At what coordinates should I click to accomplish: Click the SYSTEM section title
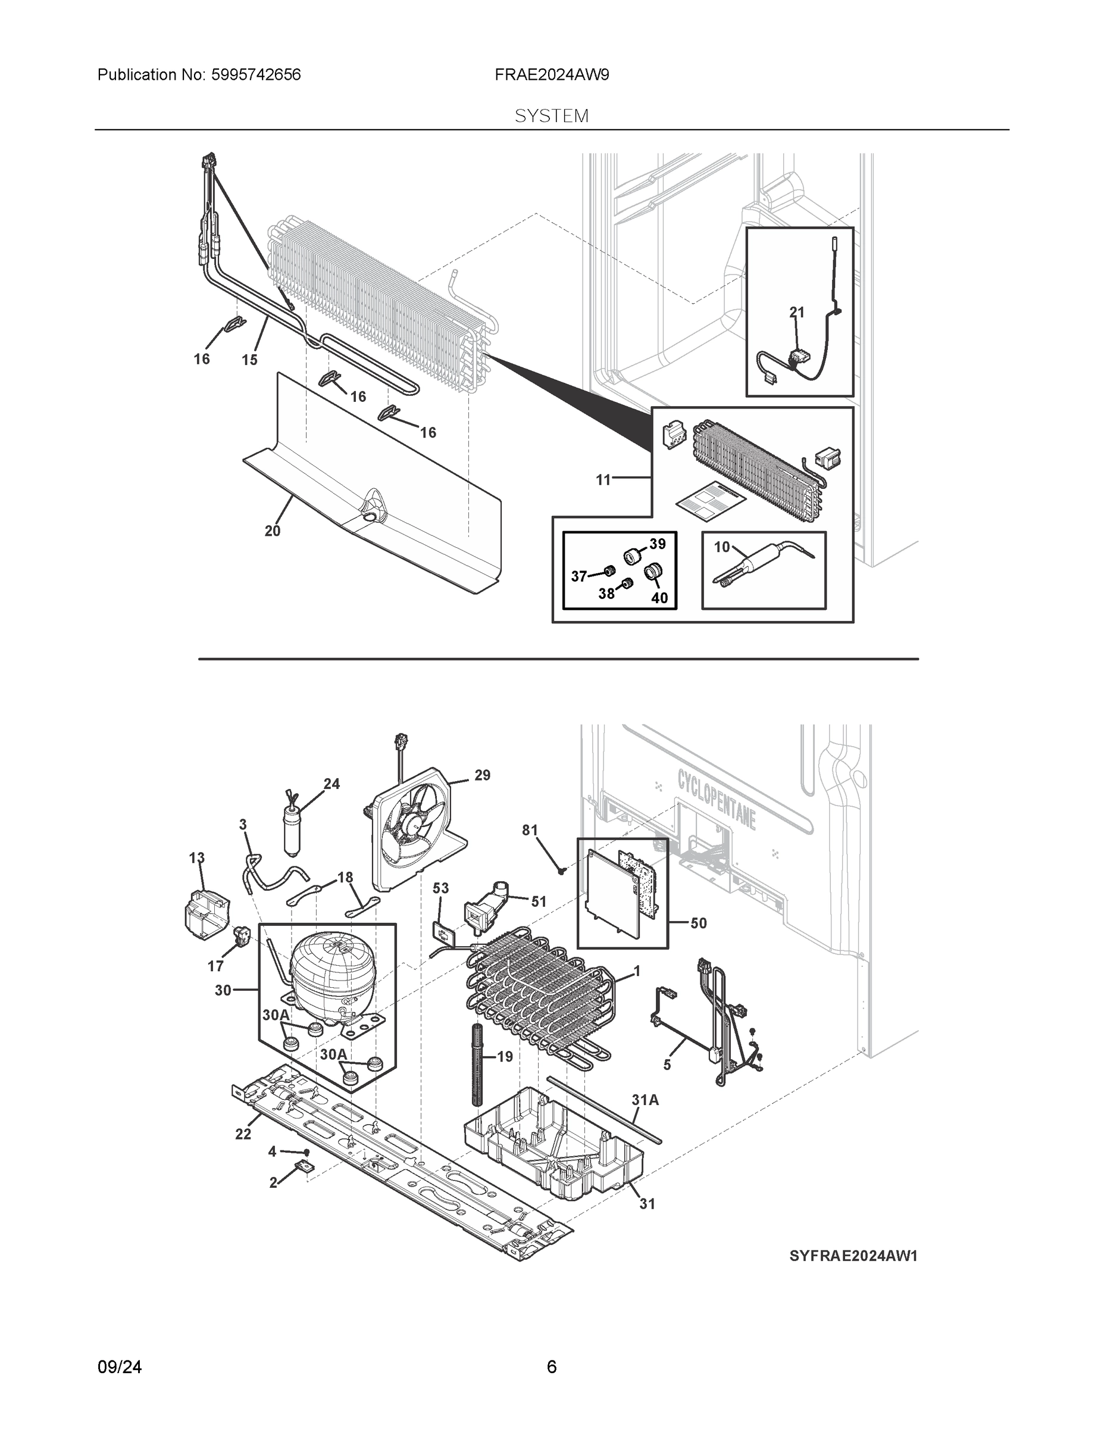551,117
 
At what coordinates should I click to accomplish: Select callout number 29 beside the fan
482,775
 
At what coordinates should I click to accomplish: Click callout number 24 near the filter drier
331,784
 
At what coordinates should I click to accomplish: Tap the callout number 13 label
196,858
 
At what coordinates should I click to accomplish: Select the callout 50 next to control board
699,923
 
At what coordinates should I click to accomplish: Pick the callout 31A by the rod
645,1100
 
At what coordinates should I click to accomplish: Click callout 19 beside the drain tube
505,1056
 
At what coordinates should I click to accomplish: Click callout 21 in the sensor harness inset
797,313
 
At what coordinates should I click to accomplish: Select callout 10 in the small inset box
721,547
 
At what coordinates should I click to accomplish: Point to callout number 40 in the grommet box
659,597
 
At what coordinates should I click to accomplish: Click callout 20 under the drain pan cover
272,531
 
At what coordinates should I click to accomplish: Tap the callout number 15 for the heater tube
249,360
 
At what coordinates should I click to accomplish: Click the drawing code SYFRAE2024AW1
853,1256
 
